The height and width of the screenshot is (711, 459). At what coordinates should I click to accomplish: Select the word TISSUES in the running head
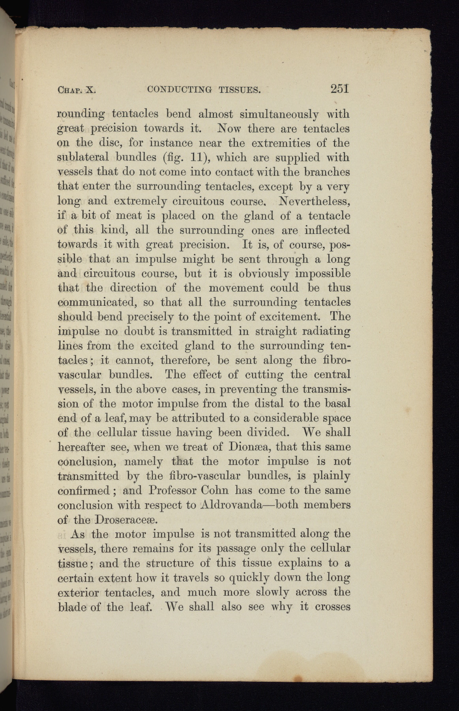pyautogui.click(x=240, y=90)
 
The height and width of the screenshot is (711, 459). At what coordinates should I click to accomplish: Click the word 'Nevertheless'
pyautogui.click(x=314, y=201)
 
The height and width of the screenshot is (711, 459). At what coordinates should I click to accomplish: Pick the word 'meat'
pyautogui.click(x=129, y=216)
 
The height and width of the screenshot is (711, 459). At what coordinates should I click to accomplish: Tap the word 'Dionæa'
pyautogui.click(x=249, y=447)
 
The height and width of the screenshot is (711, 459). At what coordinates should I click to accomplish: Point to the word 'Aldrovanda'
pyautogui.click(x=232, y=505)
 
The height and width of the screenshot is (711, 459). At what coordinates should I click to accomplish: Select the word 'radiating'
pyautogui.click(x=323, y=331)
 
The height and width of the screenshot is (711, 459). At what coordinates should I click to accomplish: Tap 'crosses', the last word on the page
pyautogui.click(x=333, y=606)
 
